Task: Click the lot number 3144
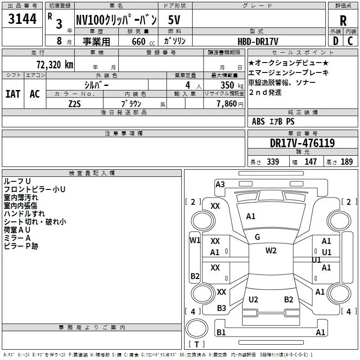click(22, 18)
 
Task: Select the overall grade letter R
click(343, 21)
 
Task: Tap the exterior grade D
click(336, 41)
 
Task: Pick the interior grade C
click(350, 41)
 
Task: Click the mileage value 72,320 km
click(55, 65)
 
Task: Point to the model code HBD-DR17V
click(258, 41)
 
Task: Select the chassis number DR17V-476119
click(302, 143)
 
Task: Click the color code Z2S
click(75, 104)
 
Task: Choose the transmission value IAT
click(13, 94)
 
